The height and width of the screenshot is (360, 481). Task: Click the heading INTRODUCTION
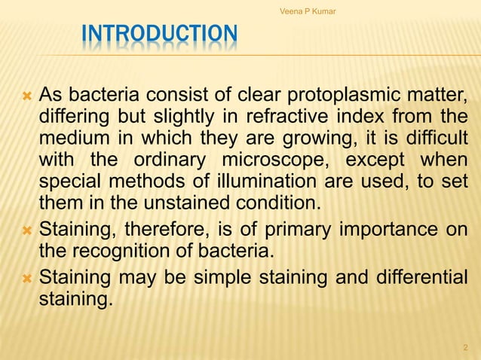pos(159,35)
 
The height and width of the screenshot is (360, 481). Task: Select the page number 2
pos(464,347)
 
